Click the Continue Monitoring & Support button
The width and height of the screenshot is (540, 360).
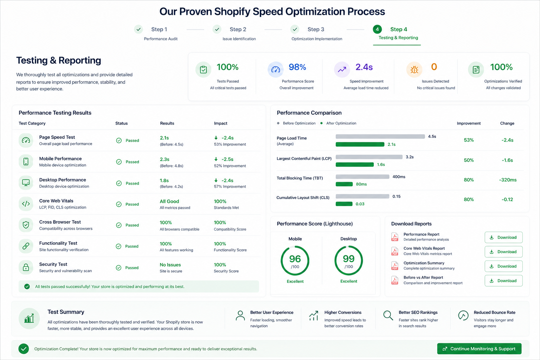click(x=479, y=349)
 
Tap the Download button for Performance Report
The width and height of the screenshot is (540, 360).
click(x=503, y=237)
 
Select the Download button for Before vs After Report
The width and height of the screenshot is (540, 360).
click(x=503, y=281)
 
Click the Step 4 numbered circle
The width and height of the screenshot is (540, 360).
click(x=377, y=30)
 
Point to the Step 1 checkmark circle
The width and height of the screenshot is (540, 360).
click(x=139, y=29)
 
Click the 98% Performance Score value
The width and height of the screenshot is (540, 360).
click(x=297, y=67)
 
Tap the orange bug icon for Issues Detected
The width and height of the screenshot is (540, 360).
click(x=414, y=70)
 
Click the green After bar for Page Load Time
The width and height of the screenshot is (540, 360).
click(x=360, y=144)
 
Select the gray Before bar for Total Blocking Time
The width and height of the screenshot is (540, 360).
click(x=362, y=177)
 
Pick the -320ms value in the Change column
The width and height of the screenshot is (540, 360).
click(x=508, y=180)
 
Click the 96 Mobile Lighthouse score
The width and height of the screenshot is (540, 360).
click(x=295, y=259)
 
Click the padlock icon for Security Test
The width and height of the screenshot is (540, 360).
click(x=26, y=268)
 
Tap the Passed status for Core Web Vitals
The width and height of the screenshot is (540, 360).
click(x=132, y=204)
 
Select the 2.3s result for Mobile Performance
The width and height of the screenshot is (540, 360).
click(x=165, y=159)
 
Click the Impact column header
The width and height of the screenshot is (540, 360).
click(x=220, y=123)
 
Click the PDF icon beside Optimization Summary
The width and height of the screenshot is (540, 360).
click(x=395, y=266)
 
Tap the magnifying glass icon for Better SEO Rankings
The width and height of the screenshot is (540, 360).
click(x=388, y=315)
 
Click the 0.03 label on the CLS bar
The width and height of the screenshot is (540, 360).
click(x=360, y=204)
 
